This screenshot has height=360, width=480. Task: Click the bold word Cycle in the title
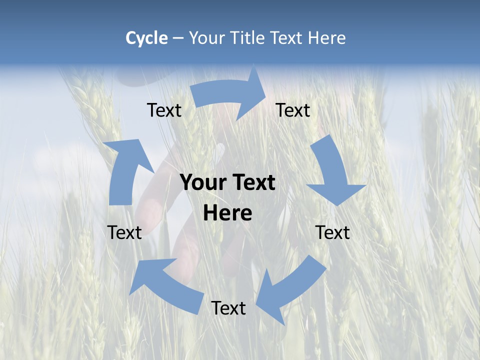146,38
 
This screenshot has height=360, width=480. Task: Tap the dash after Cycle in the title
178,38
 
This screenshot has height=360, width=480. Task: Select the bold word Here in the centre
227,213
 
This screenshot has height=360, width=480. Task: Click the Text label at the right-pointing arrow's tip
293,110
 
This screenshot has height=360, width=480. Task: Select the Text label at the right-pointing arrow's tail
164,110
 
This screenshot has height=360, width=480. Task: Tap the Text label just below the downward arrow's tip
332,232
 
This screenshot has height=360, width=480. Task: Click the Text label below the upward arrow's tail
124,232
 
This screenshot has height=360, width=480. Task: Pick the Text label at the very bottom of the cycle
228,308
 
